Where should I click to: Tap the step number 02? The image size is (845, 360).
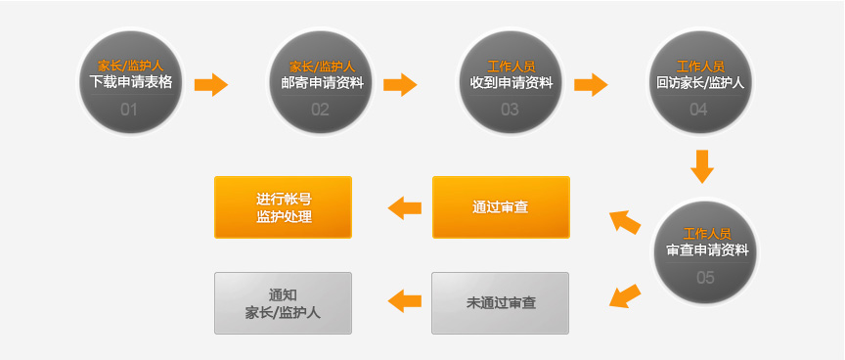320,109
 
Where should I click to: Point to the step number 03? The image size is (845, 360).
510,109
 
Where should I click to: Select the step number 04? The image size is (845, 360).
698,109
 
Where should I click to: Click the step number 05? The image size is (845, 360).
705,277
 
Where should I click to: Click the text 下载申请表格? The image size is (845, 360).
130,82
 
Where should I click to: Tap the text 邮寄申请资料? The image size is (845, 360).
321,82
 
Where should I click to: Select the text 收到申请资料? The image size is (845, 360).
511,82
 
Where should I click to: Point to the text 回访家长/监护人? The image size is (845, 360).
700,82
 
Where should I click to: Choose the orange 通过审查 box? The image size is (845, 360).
501,207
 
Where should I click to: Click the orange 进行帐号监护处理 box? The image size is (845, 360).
283,207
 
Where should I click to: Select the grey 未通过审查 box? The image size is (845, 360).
501,303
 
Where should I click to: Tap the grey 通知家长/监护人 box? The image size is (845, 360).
283,303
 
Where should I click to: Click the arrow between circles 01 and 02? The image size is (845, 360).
211,84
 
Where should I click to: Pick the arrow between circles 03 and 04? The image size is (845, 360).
591,84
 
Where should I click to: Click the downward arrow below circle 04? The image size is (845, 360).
700,166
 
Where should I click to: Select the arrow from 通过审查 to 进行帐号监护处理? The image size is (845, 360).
405,207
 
